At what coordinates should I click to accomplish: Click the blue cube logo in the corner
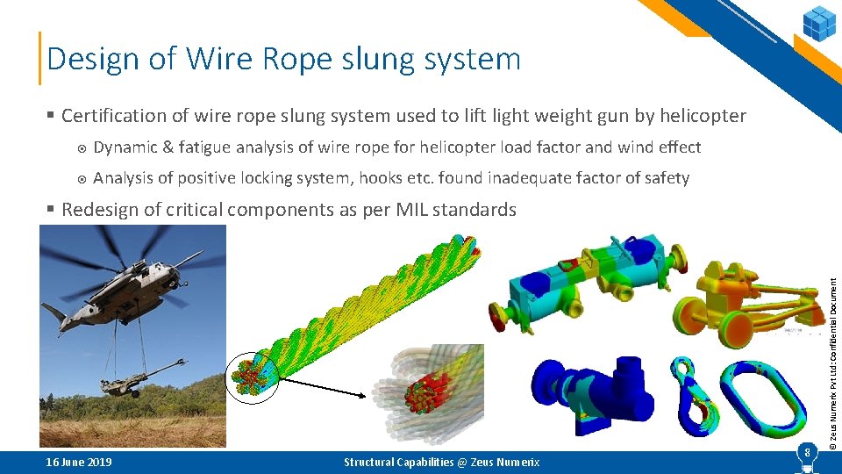point(820,22)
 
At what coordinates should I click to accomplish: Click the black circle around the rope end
point(253,377)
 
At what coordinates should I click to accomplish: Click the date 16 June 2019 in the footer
point(79,462)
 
